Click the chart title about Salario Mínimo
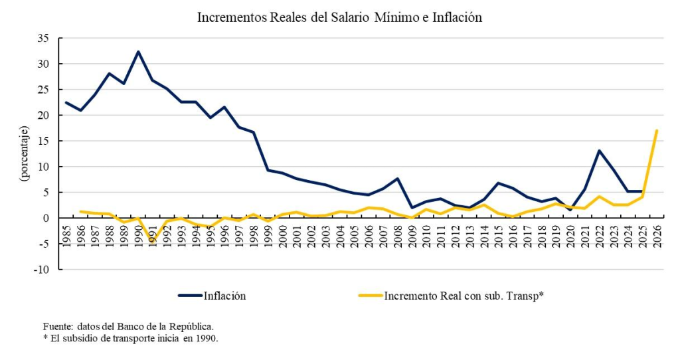(x=339, y=18)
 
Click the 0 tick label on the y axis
(x=46, y=218)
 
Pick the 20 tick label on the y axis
(x=42, y=116)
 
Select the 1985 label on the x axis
(x=66, y=235)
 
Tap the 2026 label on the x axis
(x=657, y=235)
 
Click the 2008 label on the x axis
(x=397, y=235)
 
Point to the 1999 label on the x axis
(x=268, y=235)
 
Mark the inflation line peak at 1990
(x=138, y=51)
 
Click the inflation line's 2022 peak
(x=599, y=150)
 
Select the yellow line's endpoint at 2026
(x=657, y=130)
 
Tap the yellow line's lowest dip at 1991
(x=153, y=242)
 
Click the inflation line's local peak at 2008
(x=397, y=179)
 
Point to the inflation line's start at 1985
(x=66, y=102)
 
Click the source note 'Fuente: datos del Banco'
(x=128, y=327)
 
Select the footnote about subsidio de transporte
(x=130, y=337)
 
